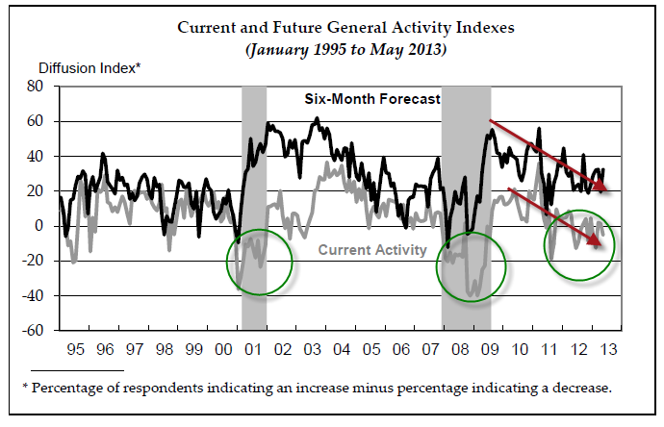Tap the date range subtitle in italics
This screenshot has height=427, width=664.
[x=345, y=47]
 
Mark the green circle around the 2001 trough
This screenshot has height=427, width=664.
[x=260, y=262]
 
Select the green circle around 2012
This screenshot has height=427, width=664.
[x=579, y=248]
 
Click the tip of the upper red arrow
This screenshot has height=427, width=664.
[x=612, y=189]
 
